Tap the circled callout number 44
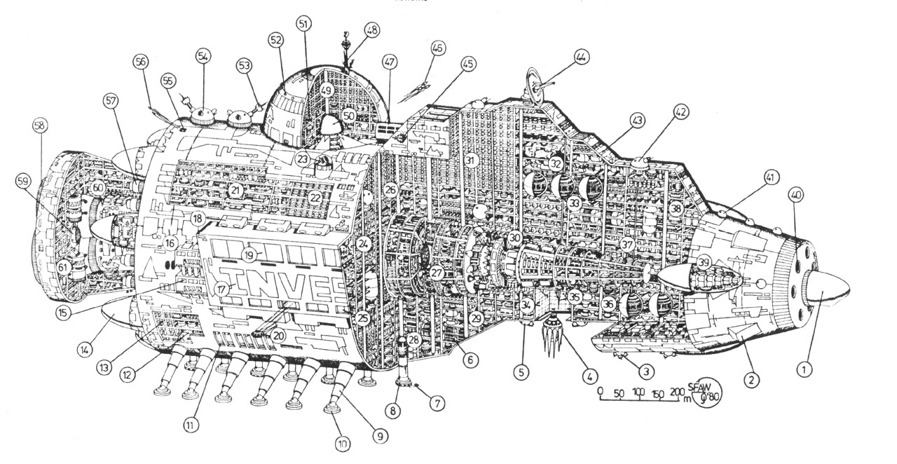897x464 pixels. tap(581, 56)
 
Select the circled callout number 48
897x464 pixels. tap(371, 30)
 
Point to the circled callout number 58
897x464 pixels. tap(40, 126)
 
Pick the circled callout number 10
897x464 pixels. tap(343, 444)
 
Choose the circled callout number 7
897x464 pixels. tap(438, 404)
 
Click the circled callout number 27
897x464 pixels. tap(437, 273)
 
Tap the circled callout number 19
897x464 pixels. tap(249, 254)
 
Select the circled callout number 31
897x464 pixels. tap(470, 161)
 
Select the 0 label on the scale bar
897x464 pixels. tap(601, 392)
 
